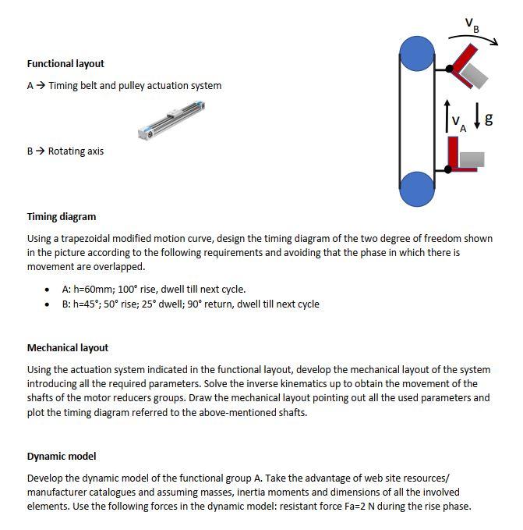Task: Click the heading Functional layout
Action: pos(65,64)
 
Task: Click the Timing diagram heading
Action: pos(62,217)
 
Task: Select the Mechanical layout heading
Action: pos(68,348)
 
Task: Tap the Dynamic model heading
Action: pos(62,457)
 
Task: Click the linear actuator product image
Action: pos(173,120)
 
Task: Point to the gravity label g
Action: pos(489,119)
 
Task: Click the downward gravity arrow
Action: pos(475,119)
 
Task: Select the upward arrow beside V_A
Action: pos(446,114)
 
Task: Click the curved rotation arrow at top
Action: pos(472,40)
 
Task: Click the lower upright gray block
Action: pos(472,159)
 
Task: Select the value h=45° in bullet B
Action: pos(90,304)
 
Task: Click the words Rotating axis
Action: pos(76,151)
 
